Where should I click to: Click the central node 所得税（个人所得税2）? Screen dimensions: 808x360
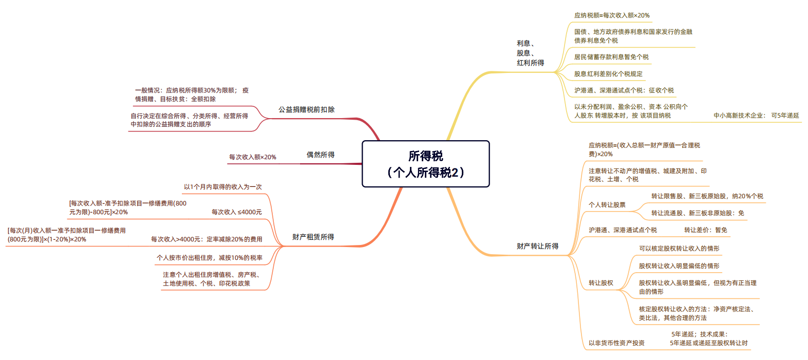coord(426,164)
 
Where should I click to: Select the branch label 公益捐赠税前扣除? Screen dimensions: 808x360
coord(306,110)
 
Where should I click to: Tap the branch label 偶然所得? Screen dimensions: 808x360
coord(321,155)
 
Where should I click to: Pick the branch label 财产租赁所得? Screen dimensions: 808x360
coord(313,237)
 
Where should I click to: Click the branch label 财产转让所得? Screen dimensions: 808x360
coord(537,246)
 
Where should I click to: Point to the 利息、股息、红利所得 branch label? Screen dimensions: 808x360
coord(530,53)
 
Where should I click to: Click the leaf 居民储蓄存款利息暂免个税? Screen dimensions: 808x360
coord(611,57)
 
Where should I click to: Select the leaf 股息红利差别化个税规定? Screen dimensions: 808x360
coord(608,74)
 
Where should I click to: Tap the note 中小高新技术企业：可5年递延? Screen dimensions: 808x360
coord(757,116)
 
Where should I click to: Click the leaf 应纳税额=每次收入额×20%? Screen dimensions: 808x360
coord(612,15)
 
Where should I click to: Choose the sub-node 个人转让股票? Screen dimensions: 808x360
coord(607,205)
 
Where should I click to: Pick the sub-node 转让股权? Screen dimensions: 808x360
coord(601,283)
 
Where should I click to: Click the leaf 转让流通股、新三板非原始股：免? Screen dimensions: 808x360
coord(698,213)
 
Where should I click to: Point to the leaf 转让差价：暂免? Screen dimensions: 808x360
coord(706,230)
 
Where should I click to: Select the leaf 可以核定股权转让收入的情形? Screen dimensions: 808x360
coord(679,249)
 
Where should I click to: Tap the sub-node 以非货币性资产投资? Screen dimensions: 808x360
coord(616,343)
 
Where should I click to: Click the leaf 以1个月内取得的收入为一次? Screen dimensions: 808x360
coord(223,187)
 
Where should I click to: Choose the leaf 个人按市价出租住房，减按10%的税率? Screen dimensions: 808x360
coord(210,258)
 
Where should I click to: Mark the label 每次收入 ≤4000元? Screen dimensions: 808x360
coord(237,212)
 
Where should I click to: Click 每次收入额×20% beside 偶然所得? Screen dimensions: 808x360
coord(253,157)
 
